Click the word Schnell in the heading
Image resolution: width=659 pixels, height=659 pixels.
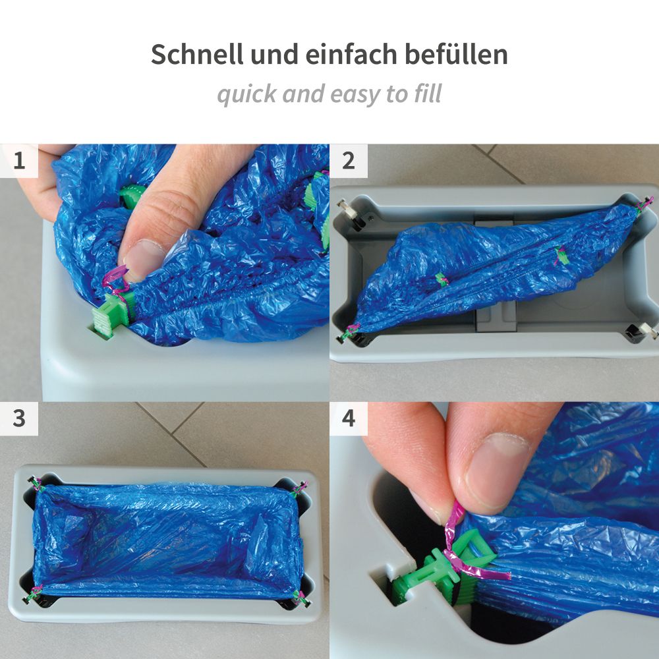(x=197, y=54)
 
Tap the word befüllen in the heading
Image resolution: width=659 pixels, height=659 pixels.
(x=456, y=54)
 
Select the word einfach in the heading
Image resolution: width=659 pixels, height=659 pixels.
(x=351, y=54)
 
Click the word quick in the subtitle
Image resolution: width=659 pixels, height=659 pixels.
(x=248, y=94)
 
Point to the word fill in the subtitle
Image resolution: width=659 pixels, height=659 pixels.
(x=428, y=93)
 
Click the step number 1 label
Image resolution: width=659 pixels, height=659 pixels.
(x=19, y=161)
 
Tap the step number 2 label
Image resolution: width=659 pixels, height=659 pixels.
(x=349, y=161)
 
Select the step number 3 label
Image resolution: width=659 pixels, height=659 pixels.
(x=19, y=418)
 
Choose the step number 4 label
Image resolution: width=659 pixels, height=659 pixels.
(x=349, y=418)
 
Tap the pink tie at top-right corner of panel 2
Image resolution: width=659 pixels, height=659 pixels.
(x=643, y=206)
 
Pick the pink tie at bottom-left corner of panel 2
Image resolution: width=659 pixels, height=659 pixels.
(x=349, y=333)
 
